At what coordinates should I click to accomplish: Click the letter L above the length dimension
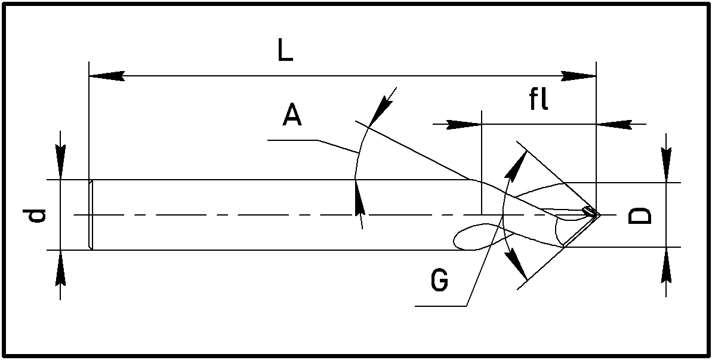click(285, 52)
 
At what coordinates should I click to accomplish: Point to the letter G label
click(439, 281)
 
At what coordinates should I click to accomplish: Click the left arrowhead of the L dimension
click(106, 76)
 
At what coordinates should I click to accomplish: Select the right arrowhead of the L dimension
click(579, 76)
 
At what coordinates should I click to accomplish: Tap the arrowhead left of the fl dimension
click(464, 124)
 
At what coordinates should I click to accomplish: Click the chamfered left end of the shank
click(91, 214)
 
